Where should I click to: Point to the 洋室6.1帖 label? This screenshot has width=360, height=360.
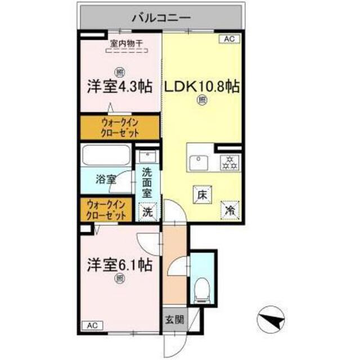[x=119, y=264]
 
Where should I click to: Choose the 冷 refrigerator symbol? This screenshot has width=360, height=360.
[x=230, y=210]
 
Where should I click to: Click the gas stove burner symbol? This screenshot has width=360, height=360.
[x=229, y=163]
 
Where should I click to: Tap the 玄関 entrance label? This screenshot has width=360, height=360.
[x=173, y=321]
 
